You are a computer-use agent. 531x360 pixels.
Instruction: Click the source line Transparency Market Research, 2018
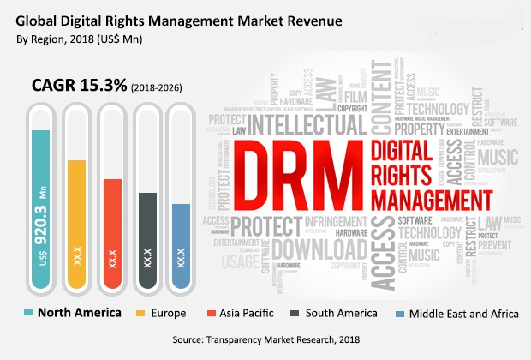pyautogui.click(x=265, y=340)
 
